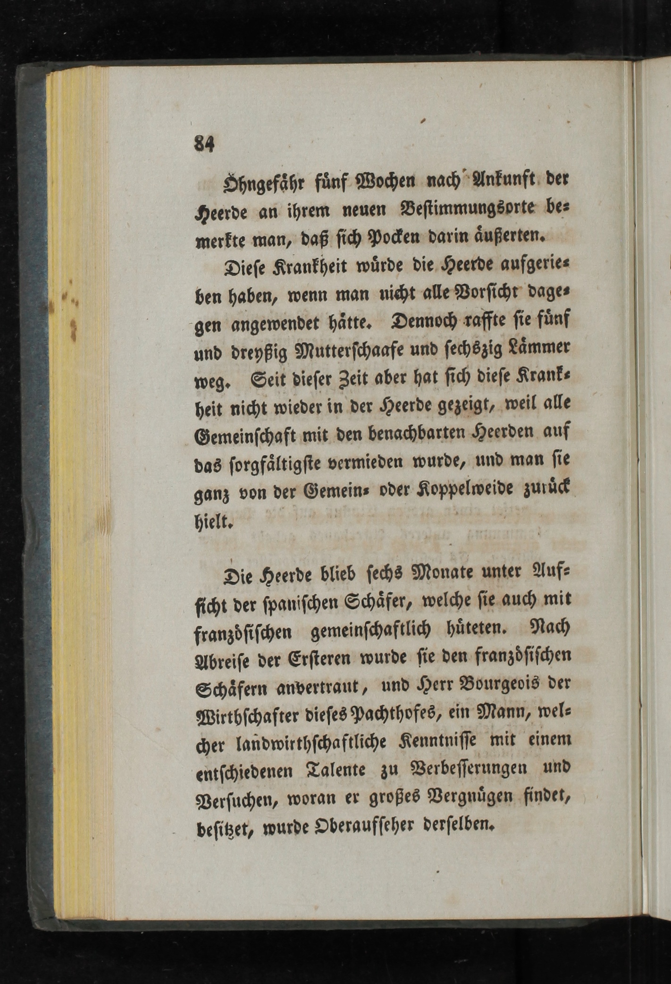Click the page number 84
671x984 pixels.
click(x=204, y=143)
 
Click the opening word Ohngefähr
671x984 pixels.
click(x=252, y=182)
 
